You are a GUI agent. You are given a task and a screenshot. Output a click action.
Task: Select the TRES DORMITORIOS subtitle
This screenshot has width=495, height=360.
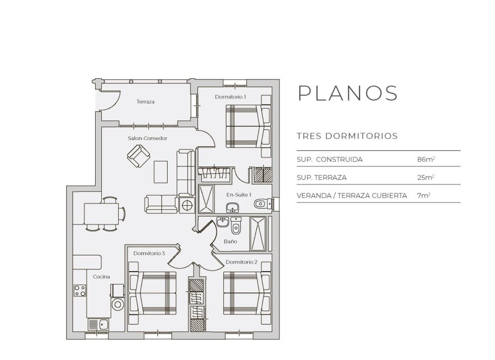tap(347, 136)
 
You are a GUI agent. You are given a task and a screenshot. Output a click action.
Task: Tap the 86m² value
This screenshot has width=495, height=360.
tap(426, 160)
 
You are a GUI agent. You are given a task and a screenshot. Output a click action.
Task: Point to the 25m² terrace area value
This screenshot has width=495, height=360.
tap(426, 177)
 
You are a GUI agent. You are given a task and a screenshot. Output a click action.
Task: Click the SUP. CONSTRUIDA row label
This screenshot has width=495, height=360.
tap(329, 160)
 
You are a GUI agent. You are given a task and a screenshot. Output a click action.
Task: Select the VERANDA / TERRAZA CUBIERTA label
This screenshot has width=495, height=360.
tap(352, 195)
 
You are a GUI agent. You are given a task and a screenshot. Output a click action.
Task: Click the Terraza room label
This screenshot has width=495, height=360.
tap(145, 102)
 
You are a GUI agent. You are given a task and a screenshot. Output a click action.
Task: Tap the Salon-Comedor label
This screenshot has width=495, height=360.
tap(147, 138)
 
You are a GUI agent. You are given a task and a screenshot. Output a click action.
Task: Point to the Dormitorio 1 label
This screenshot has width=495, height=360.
tap(230, 97)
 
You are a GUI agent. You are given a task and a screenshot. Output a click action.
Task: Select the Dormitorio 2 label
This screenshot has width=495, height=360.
tap(241, 262)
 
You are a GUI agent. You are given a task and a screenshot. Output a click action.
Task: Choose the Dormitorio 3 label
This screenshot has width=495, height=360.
tap(148, 254)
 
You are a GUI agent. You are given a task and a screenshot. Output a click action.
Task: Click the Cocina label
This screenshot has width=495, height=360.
tap(101, 277)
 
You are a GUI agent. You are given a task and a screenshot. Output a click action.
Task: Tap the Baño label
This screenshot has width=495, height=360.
tap(229, 241)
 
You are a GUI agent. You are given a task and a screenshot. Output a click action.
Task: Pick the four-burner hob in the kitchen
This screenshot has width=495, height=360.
tap(79, 291)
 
